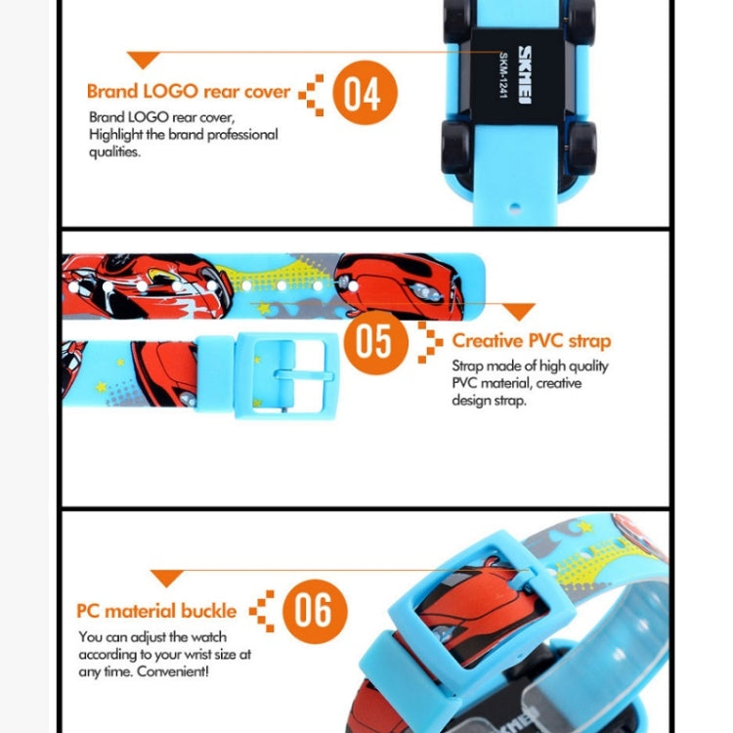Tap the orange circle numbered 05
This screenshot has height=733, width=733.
point(372,340)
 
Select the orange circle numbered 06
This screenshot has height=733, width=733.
point(314,610)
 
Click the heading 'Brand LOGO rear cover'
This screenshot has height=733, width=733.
point(188,92)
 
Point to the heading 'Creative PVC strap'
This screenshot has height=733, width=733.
point(531,341)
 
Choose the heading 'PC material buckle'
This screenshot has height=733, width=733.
point(156,611)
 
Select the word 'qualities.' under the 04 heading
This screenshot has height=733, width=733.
point(114,151)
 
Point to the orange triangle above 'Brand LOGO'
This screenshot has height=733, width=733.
point(144,61)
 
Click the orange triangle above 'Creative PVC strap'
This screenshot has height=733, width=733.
point(518,312)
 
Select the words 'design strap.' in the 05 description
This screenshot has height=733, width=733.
point(490,401)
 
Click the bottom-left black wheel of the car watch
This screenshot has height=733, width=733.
point(458,147)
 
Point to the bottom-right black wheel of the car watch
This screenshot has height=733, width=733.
point(581,147)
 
